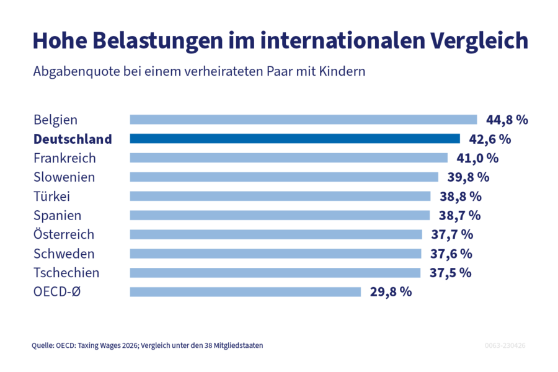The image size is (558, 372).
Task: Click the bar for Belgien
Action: pyautogui.click(x=303, y=120)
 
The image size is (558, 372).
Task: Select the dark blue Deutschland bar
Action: pyautogui.click(x=294, y=139)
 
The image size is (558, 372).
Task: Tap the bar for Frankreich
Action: pyautogui.click(x=288, y=158)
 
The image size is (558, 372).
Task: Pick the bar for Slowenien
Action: pyautogui.click(x=284, y=177)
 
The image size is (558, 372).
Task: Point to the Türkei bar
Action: pyautogui.click(x=280, y=197)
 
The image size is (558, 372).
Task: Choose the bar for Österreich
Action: pyautogui.click(x=276, y=235)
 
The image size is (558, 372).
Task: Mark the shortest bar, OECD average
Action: pyautogui.click(x=245, y=292)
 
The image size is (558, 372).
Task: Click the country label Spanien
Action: pyautogui.click(x=57, y=216)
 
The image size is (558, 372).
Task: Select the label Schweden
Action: pyautogui.click(x=64, y=254)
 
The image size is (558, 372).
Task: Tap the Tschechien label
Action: pyautogui.click(x=66, y=273)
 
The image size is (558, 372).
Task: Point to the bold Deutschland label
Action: pyautogui.click(x=73, y=139)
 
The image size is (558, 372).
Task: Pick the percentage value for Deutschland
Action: pyautogui.click(x=489, y=139)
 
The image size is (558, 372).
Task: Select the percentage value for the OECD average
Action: pyautogui.click(x=391, y=292)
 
